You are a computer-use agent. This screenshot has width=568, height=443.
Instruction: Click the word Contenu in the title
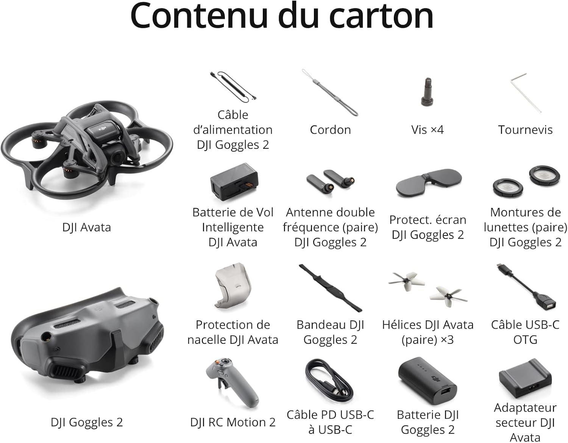(199, 16)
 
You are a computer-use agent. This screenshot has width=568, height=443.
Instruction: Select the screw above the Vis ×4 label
(428, 91)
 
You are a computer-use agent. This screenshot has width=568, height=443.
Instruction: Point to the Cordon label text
(330, 130)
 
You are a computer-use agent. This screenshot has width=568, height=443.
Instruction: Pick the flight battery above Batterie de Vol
(234, 182)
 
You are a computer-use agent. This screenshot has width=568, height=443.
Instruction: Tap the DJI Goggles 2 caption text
(87, 422)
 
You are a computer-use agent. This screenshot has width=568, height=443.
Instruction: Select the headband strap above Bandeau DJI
(331, 288)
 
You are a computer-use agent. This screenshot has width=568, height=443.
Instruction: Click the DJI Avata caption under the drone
(86, 228)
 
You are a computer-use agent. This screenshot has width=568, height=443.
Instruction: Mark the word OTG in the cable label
(525, 340)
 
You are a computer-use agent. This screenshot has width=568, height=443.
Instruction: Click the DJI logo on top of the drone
(103, 128)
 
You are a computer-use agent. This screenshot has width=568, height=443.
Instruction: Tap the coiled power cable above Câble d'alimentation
(233, 87)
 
